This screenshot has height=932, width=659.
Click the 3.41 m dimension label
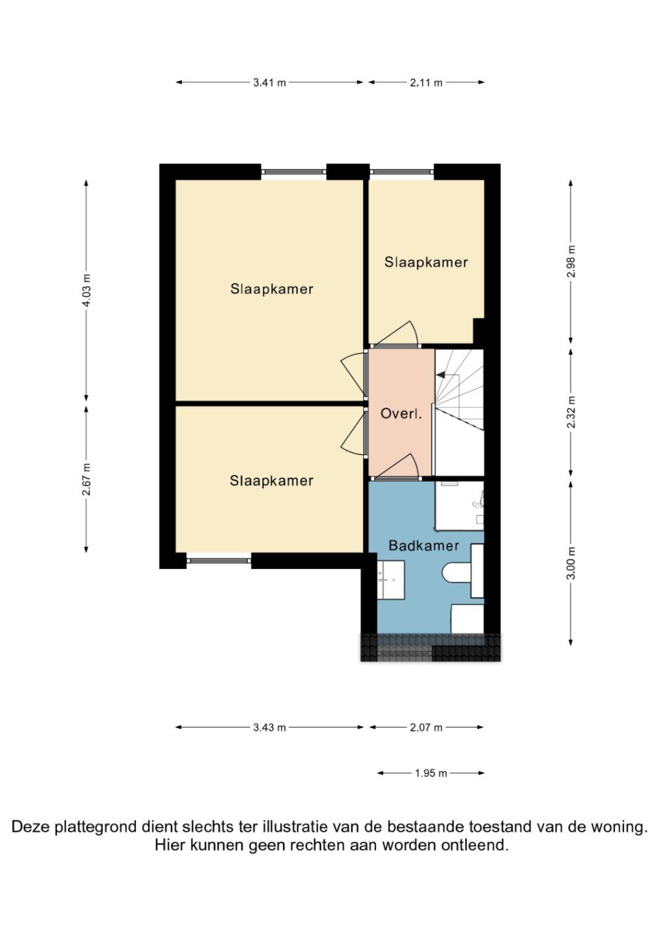pyautogui.click(x=269, y=82)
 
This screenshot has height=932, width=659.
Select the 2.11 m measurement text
pyautogui.click(x=426, y=82)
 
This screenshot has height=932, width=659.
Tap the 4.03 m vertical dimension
pyautogui.click(x=86, y=290)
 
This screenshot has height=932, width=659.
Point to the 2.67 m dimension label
pyautogui.click(x=86, y=479)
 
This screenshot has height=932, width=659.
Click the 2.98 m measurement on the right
pyautogui.click(x=571, y=261)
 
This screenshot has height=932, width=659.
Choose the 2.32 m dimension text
pyautogui.click(x=571, y=412)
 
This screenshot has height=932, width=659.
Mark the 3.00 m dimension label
pyautogui.click(x=571, y=563)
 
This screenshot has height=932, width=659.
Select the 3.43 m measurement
pyautogui.click(x=269, y=727)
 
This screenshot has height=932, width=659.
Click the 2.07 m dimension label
pyautogui.click(x=426, y=727)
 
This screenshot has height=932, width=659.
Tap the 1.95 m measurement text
pyautogui.click(x=430, y=773)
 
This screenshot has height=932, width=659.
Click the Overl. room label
pyautogui.click(x=401, y=414)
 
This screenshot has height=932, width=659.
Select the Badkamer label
pyautogui.click(x=424, y=546)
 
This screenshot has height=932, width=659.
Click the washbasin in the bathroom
pyautogui.click(x=390, y=580)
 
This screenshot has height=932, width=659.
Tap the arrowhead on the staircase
pyautogui.click(x=440, y=375)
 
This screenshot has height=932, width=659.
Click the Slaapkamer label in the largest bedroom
pyautogui.click(x=272, y=289)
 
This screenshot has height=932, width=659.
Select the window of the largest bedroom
pyautogui.click(x=294, y=172)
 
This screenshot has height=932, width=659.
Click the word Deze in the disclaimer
pyautogui.click(x=30, y=827)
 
